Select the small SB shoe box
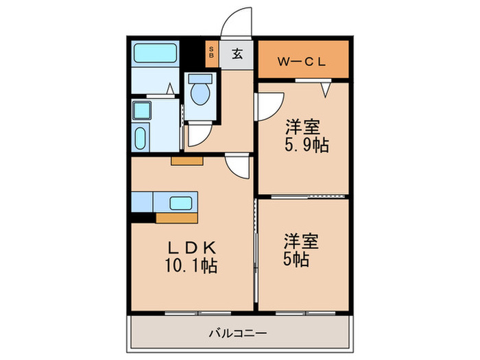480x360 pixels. coord(211,53)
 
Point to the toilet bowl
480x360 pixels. coord(201,93)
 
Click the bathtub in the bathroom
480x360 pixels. coord(155,53)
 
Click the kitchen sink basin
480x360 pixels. coord(181,202)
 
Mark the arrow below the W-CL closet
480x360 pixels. coord(326,87)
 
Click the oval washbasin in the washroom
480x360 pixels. coord(141,137)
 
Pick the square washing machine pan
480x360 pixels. coord(143,109)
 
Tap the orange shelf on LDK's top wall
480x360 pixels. coord(187,161)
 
